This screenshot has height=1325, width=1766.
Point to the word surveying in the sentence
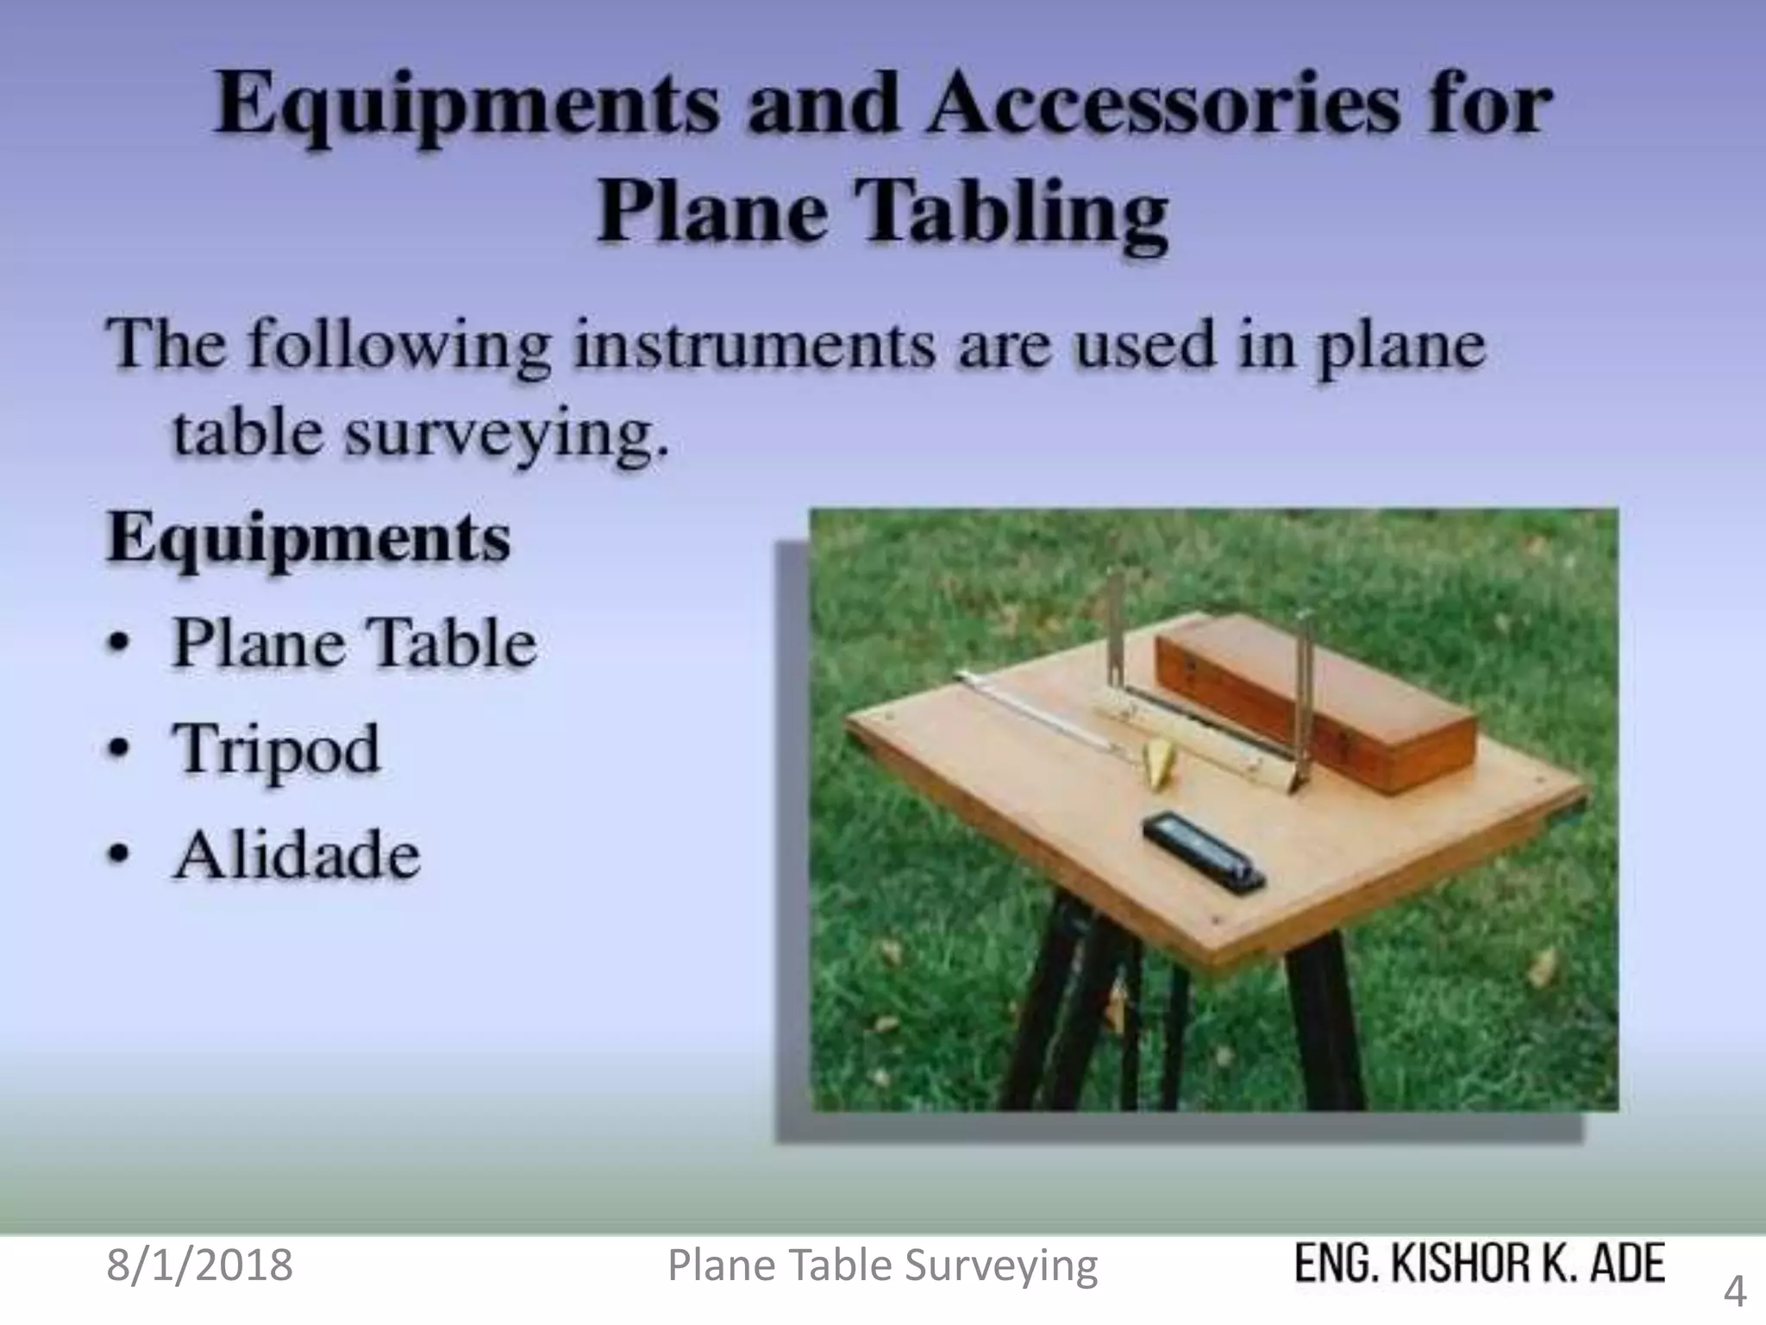506,434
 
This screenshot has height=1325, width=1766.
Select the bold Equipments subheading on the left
308,539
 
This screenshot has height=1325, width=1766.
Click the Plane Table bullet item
354,644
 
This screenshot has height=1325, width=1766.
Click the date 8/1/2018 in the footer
199,1265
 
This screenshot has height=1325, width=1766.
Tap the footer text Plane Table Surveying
883,1266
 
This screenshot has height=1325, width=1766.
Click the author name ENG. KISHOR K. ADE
1480,1265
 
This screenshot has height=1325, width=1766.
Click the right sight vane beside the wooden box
1302,699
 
